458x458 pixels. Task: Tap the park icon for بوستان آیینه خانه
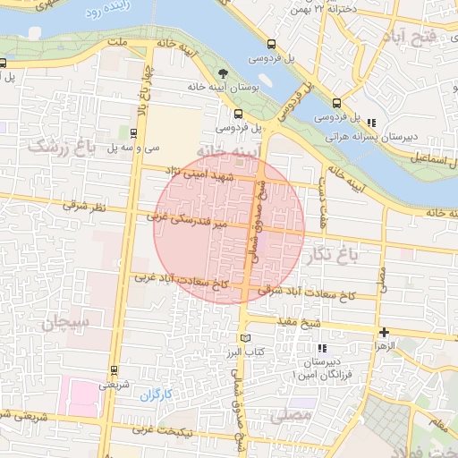click(x=223, y=74)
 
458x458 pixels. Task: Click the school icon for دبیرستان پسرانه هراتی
click(x=371, y=123)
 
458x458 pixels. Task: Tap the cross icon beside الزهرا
click(x=385, y=332)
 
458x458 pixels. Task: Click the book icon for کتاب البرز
click(x=245, y=338)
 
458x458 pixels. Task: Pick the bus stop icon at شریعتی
click(x=114, y=369)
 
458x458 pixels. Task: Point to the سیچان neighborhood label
click(x=65, y=319)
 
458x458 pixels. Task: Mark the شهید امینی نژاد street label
click(x=207, y=178)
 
